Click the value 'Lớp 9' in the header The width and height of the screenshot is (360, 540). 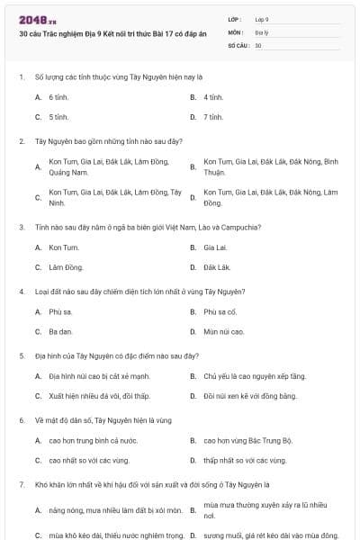coord(262,18)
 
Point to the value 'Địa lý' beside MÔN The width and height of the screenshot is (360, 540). coord(261,31)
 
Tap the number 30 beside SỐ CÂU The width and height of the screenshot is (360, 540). coord(258,44)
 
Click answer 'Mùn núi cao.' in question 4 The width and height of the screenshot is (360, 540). coord(224,332)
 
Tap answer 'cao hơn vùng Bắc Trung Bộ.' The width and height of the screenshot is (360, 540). coord(248,441)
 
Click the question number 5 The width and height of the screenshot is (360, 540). coord(21,355)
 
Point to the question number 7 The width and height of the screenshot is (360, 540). coord(21,485)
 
